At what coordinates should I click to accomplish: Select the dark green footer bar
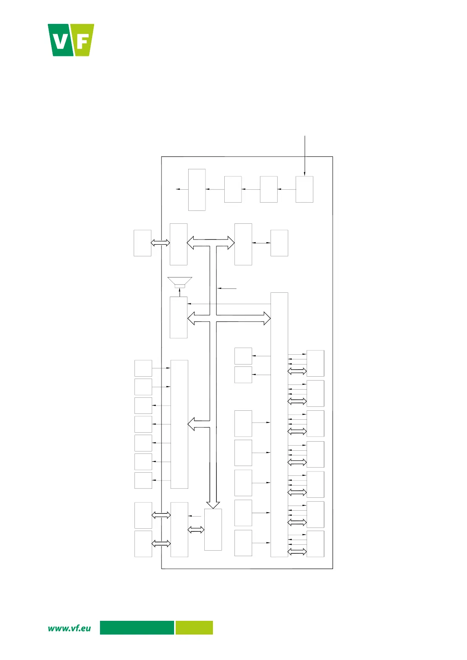pyautogui.click(x=137, y=627)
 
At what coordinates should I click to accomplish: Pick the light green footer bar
pyautogui.click(x=194, y=627)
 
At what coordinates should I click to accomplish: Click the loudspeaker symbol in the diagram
pyautogui.click(x=180, y=282)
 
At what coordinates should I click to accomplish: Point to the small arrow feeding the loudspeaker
pyautogui.click(x=180, y=292)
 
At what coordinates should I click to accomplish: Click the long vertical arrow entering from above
pyautogui.click(x=305, y=156)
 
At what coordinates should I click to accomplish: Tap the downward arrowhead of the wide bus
pyautogui.click(x=213, y=505)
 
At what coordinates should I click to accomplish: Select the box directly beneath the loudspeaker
pyautogui.click(x=178, y=317)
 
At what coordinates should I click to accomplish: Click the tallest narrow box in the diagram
pyautogui.click(x=279, y=424)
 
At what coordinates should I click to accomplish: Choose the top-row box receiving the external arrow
pyautogui.click(x=304, y=189)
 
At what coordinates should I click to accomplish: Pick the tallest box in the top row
pyautogui.click(x=197, y=190)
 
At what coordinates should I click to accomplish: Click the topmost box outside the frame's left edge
pyautogui.click(x=142, y=243)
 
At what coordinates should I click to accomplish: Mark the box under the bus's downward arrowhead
pyautogui.click(x=213, y=529)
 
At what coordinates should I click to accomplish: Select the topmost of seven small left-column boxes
pyautogui.click(x=143, y=368)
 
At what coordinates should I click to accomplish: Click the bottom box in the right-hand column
pyautogui.click(x=315, y=544)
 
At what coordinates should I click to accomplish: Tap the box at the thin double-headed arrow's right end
pyautogui.click(x=279, y=243)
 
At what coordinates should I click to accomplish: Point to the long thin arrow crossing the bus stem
pyautogui.click(x=229, y=304)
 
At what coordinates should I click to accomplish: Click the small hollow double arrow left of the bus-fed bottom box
pyautogui.click(x=196, y=530)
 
